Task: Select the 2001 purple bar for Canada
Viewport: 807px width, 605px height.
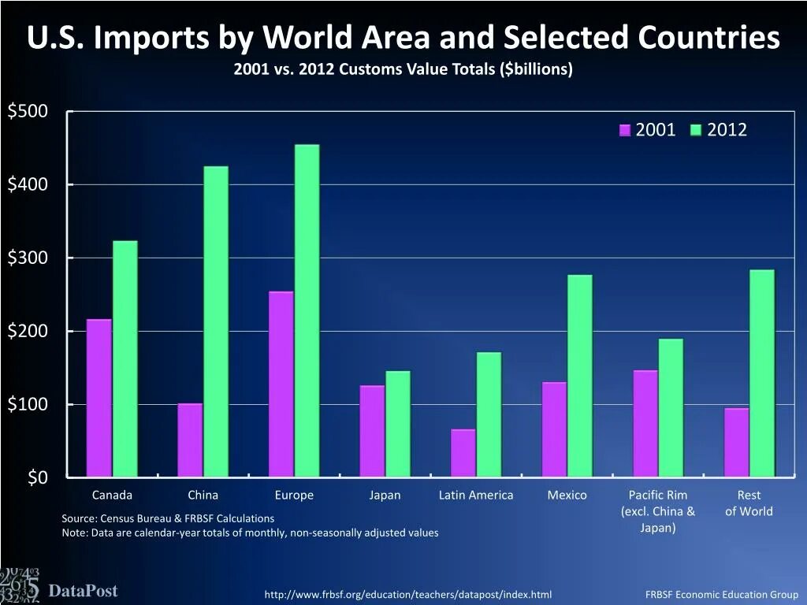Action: point(99,398)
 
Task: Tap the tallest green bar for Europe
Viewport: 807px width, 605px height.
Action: point(307,310)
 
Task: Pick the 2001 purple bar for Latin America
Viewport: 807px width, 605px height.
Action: point(463,453)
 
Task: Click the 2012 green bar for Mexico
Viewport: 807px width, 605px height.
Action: point(579,376)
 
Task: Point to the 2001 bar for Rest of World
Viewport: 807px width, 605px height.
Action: point(737,442)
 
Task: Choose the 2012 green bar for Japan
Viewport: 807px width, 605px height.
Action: point(397,424)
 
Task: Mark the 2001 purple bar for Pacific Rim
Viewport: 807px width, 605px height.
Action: point(645,423)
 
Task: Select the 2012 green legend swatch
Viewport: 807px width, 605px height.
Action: point(697,131)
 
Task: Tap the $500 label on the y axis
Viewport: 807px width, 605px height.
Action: point(28,111)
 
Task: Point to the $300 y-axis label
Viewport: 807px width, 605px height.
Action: point(28,258)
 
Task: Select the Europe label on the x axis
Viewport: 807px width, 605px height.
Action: point(294,496)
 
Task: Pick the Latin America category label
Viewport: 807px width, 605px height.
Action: point(475,496)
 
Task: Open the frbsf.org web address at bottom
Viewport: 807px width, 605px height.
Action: point(407,594)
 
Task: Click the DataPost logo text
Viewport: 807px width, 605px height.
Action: point(83,591)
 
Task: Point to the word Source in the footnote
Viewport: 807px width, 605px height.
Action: point(79,518)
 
